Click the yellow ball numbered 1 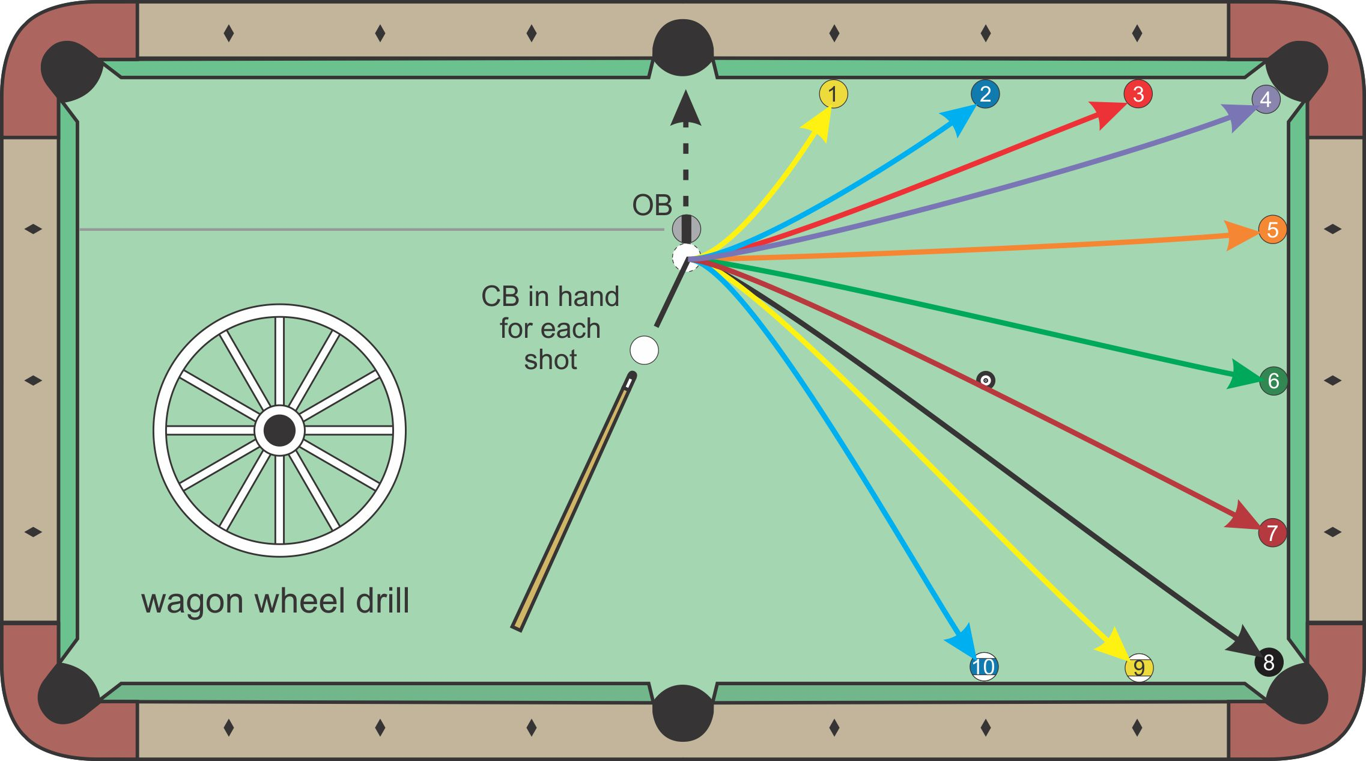pyautogui.click(x=833, y=94)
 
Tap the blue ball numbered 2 pyautogui.click(x=985, y=94)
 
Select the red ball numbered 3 pyautogui.click(x=1138, y=94)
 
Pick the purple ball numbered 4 pyautogui.click(x=1266, y=99)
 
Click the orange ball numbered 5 pyautogui.click(x=1272, y=230)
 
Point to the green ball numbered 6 pyautogui.click(x=1273, y=380)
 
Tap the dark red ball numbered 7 pyautogui.click(x=1272, y=533)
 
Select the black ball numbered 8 pyautogui.click(x=1269, y=662)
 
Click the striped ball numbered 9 pyautogui.click(x=1139, y=668)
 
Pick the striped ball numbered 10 pyautogui.click(x=984, y=667)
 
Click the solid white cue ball pyautogui.click(x=644, y=350)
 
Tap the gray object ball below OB pyautogui.click(x=686, y=228)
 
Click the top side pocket pyautogui.click(x=683, y=48)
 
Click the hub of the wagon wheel pyautogui.click(x=279, y=430)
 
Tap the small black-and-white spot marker pyautogui.click(x=986, y=380)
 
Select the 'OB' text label pyautogui.click(x=652, y=206)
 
